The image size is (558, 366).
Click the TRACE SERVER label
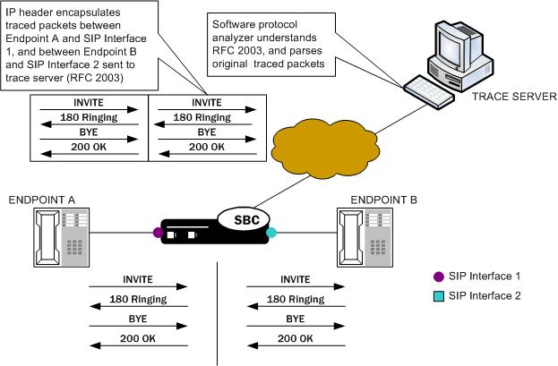click(x=513, y=96)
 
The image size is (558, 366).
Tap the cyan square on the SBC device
click(x=272, y=234)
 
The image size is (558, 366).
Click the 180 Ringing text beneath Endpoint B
click(x=296, y=299)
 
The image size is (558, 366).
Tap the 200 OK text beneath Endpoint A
click(x=136, y=339)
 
